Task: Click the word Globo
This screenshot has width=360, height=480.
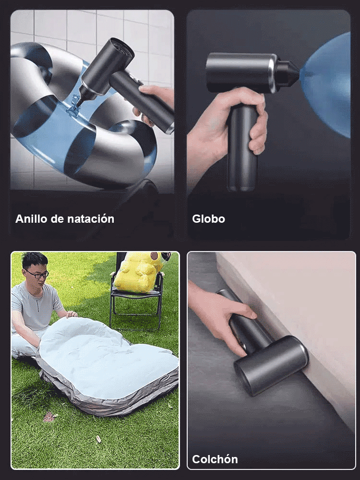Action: coord(208,219)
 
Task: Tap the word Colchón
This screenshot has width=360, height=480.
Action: coord(215,459)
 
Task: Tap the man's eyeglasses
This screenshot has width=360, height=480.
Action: coord(37,274)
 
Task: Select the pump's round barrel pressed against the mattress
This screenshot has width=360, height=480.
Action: coord(271,365)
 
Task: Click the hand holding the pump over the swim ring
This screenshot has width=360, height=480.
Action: coord(156,96)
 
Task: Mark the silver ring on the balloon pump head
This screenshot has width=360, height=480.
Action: coord(273,73)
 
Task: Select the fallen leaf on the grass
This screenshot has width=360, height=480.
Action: coord(49,416)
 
